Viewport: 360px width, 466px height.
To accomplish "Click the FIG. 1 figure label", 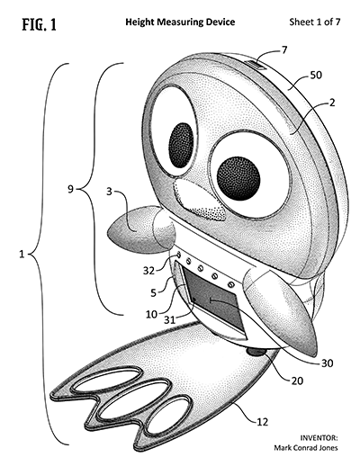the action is point(39,24).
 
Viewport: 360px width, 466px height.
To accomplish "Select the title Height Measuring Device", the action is point(180,22).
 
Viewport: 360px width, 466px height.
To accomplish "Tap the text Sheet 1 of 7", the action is point(315,22).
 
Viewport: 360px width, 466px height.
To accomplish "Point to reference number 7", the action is point(283,49).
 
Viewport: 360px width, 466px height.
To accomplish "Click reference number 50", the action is point(316,75).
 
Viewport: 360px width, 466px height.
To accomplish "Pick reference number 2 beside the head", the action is point(331,103).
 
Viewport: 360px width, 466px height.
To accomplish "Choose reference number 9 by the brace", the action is point(70,189).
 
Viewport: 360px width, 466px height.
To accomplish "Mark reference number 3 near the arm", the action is point(109,192).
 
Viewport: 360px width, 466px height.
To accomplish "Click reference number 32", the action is point(148,271).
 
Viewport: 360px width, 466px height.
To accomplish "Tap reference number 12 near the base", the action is point(262,422).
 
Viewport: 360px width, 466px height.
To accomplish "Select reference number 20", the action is point(297,381).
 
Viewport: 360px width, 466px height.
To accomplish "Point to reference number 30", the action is point(328,363).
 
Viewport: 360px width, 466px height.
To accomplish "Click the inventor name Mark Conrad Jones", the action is point(306,448).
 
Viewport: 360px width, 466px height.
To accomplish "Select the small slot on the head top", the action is point(255,66).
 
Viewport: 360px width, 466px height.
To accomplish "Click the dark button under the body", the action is point(256,352).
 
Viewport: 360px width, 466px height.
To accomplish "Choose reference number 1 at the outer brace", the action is point(22,255).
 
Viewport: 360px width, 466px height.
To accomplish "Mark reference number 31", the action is point(169,320).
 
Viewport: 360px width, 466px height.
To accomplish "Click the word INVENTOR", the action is point(319,438).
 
